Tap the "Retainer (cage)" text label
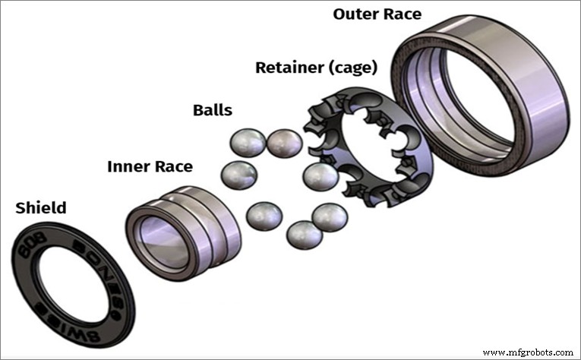coord(316,68)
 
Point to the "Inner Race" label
coord(150,166)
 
